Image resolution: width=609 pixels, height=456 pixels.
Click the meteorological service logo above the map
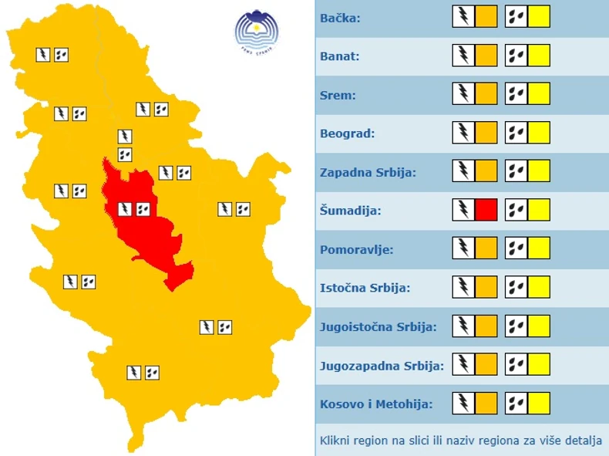coord(256,32)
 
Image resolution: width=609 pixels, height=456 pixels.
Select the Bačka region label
coord(339,17)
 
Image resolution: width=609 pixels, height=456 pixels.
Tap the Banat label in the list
coord(339,56)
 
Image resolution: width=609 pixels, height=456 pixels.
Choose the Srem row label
coord(337,95)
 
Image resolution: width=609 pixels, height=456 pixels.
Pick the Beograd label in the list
coord(347,133)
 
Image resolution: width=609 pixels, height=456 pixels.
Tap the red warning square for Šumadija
coord(486,210)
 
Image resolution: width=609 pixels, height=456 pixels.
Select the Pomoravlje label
coord(356,249)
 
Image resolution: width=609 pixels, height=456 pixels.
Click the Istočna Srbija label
coord(365,288)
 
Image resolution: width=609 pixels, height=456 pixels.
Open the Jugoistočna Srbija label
coord(378,326)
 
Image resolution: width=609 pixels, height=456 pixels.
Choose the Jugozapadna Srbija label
coord(382,365)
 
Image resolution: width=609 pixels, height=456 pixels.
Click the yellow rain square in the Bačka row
coord(539,17)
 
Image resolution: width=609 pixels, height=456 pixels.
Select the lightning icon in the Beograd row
coord(463,133)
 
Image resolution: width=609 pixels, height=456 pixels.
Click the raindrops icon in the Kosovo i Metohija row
coord(516,404)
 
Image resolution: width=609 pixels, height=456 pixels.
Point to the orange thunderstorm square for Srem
coord(486,95)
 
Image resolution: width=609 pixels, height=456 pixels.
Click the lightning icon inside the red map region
coord(124,208)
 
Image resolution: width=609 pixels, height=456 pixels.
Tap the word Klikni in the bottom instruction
coord(335,441)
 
